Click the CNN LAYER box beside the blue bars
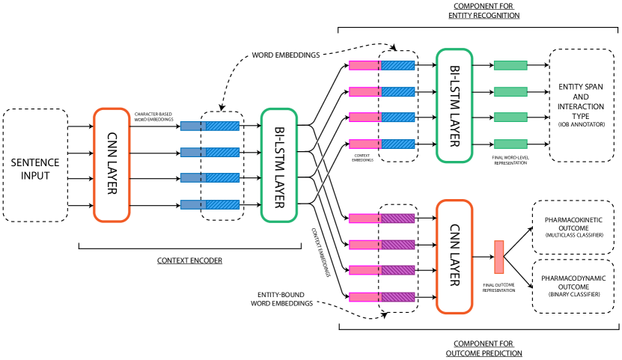pyautogui.click(x=112, y=165)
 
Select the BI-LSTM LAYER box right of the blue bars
pyautogui.click(x=279, y=165)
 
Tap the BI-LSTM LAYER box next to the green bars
pyautogui.click(x=454, y=106)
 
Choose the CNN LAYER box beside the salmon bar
pyautogui.click(x=454, y=257)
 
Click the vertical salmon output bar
pyautogui.click(x=499, y=257)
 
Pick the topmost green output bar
pyautogui.click(x=510, y=66)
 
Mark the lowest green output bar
pyautogui.click(x=510, y=144)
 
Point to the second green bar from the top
pyautogui.click(x=510, y=92)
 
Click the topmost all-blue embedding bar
pyautogui.click(x=210, y=126)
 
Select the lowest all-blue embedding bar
pyautogui.click(x=210, y=204)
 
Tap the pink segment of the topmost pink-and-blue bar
pyautogui.click(x=364, y=66)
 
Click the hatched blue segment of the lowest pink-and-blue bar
pyautogui.click(x=398, y=144)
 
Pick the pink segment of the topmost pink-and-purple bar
pyautogui.click(x=364, y=219)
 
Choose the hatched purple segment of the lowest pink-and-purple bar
pyautogui.click(x=398, y=297)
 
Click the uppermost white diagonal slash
pyautogui.click(x=323, y=130)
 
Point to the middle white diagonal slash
pyautogui.click(x=323, y=157)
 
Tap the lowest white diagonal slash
pyautogui.click(x=323, y=183)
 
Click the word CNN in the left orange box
pyautogui.click(x=112, y=142)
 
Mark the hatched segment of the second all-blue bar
pyautogui.click(x=223, y=153)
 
